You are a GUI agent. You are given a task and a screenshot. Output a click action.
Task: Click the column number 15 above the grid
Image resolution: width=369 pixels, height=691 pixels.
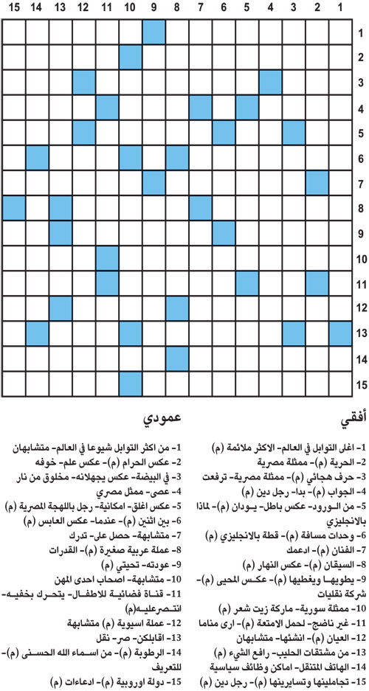14,8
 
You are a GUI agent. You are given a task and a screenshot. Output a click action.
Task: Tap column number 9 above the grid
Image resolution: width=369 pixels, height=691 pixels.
153,8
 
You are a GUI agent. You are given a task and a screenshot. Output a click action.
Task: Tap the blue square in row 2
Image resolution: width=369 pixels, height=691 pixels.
130,57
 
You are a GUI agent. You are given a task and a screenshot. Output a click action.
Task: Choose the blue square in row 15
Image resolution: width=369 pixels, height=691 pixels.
130,383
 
